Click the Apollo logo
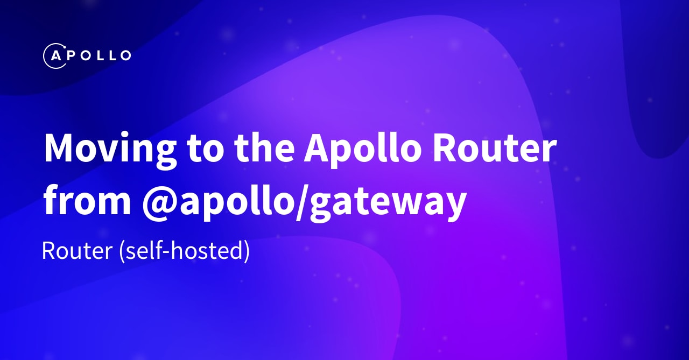(x=87, y=55)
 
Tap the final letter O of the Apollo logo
(x=124, y=55)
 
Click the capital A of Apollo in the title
(x=317, y=148)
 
